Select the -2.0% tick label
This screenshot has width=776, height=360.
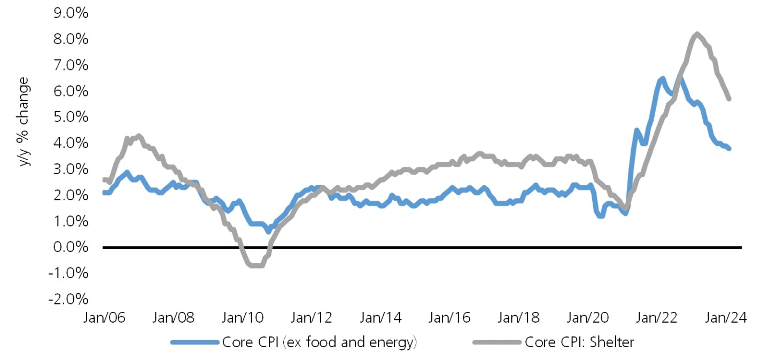(x=67, y=299)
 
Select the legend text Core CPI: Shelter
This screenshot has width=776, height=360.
(x=579, y=342)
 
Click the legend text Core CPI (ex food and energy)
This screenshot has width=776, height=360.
(x=319, y=342)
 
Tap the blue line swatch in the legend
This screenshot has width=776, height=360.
(x=195, y=342)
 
